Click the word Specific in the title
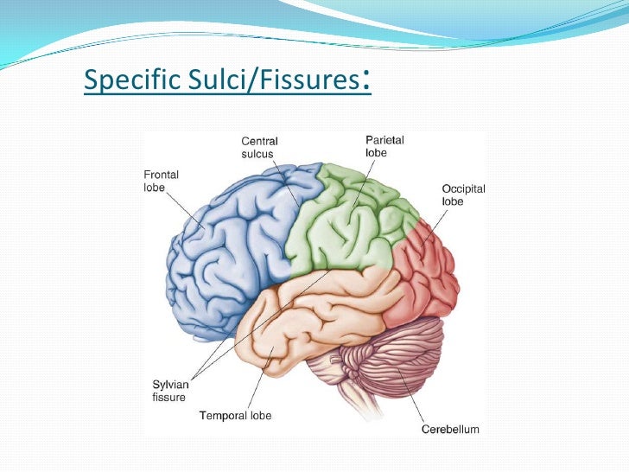point(129,82)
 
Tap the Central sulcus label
point(259,147)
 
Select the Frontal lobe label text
point(161,181)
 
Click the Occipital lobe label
point(464,195)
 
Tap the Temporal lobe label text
point(235,416)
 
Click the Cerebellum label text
point(449,429)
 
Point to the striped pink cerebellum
point(406,354)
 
